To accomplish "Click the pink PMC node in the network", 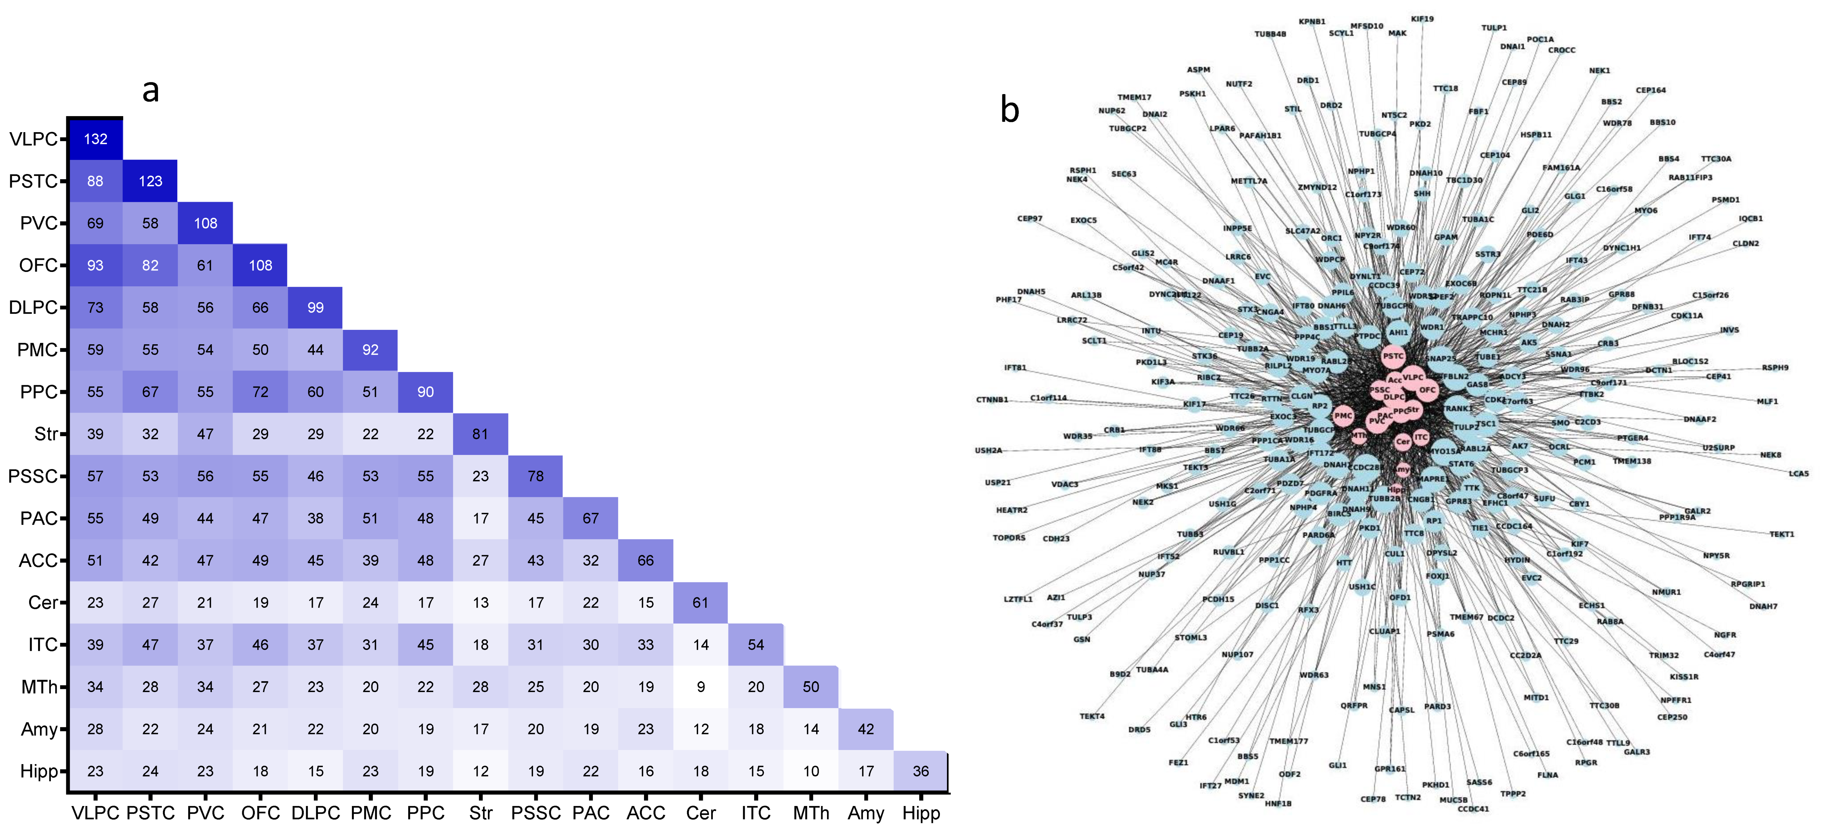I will pos(1343,416).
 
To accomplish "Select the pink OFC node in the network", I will pos(1427,389).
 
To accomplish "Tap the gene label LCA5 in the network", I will pos(1798,474).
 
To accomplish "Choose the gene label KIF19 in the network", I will pos(1422,19).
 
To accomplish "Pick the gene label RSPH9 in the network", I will pos(1775,368).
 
